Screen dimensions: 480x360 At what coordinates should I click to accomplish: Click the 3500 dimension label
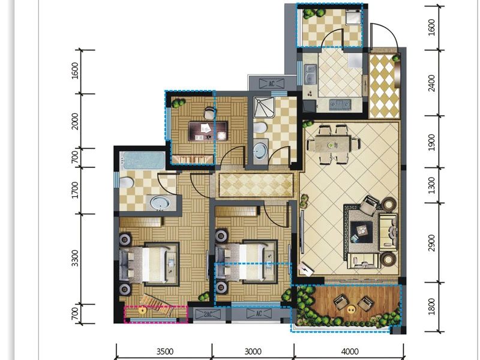[x=165, y=352]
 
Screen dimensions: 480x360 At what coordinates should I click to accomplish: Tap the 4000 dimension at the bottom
[x=349, y=352]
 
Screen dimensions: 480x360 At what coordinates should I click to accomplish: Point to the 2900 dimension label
[x=431, y=243]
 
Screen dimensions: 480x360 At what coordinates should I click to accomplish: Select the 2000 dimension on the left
[x=75, y=121]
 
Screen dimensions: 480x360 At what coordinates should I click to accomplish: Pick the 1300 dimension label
[x=431, y=185]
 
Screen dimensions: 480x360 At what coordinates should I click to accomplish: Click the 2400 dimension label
[x=431, y=83]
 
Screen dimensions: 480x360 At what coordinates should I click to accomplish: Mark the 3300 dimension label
[x=75, y=259]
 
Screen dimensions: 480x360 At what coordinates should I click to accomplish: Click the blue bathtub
[x=143, y=161]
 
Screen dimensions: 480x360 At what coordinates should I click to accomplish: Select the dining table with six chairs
[x=333, y=144]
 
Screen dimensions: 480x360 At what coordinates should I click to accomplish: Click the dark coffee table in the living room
[x=362, y=232]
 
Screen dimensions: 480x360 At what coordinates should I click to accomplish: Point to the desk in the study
[x=208, y=131]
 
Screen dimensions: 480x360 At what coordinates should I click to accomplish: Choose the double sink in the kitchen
[x=310, y=75]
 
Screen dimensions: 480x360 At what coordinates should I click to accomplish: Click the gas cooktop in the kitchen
[x=340, y=104]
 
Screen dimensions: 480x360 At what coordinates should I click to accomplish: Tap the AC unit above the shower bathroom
[x=271, y=83]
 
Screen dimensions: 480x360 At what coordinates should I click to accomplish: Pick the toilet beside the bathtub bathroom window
[x=126, y=183]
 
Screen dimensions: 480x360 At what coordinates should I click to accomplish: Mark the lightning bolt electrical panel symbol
[x=306, y=269]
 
